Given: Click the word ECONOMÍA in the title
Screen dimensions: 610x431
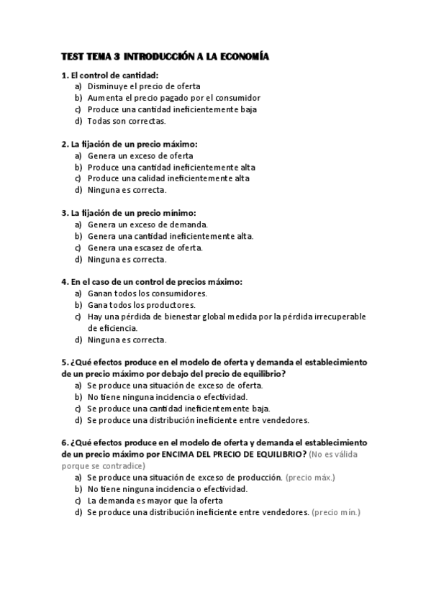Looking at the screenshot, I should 242,57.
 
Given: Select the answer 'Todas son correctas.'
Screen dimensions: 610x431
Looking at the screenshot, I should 126,121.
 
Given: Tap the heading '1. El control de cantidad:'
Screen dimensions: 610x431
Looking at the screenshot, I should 110,75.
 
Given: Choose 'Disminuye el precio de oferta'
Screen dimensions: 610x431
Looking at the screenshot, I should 144,86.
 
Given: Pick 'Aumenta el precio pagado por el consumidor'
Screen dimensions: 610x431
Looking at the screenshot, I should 173,98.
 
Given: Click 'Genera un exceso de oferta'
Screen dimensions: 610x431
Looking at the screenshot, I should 140,155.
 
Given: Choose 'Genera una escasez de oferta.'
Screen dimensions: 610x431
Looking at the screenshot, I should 145,247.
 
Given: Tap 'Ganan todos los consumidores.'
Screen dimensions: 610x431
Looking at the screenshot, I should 147,293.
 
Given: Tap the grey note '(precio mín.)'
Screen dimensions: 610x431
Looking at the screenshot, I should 336,512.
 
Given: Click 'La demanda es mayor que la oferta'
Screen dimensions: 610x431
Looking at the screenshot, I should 155,501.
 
